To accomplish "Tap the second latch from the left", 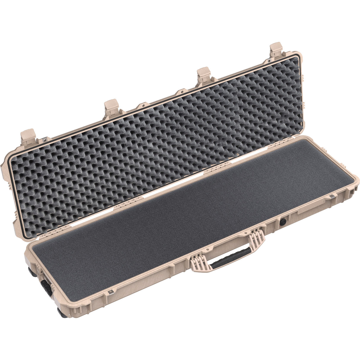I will tap(111, 107).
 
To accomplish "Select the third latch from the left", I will tap(204, 74).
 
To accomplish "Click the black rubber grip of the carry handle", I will tap(231, 258).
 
